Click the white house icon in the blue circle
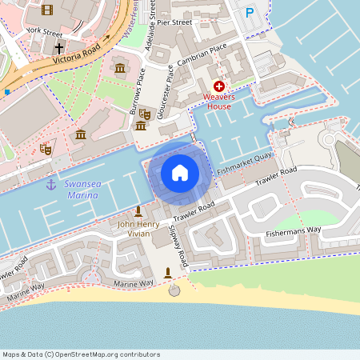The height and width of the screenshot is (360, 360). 179,173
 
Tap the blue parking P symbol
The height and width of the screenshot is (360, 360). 250,13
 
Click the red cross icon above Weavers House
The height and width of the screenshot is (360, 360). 219,86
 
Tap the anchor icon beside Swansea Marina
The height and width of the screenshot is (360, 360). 50,185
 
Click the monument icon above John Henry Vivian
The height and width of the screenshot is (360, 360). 138,210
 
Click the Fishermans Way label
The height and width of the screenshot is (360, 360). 293,231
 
